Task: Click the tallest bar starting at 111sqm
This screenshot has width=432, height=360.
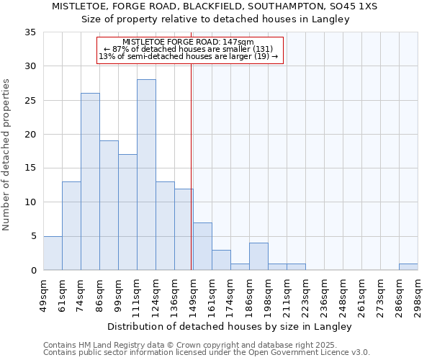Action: point(146,175)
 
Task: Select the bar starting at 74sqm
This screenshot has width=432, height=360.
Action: point(90,181)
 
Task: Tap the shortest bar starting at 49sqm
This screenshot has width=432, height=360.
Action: point(53,253)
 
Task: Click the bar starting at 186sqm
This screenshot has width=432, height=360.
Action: point(258,257)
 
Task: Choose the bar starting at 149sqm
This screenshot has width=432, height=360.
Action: point(202,247)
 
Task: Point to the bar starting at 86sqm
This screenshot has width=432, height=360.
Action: point(109,205)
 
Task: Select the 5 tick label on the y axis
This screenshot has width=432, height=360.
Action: point(33,236)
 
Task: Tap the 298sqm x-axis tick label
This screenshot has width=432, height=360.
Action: point(418,295)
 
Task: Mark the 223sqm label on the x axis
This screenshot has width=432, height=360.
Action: point(306,295)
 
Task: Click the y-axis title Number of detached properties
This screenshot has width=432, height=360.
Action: point(7,155)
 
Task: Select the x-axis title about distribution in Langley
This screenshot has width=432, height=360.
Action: point(231,327)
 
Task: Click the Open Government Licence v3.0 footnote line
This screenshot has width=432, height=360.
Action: point(207,352)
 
